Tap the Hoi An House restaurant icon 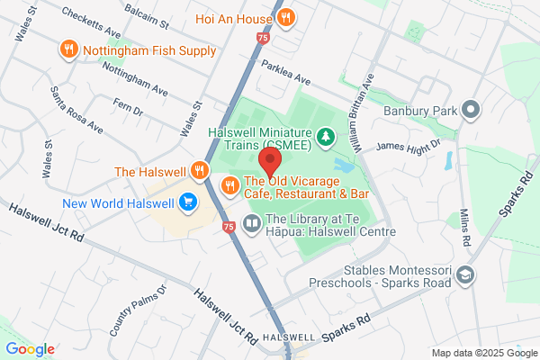285,16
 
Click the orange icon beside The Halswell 201,171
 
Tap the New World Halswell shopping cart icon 189,202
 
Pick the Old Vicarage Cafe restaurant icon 229,185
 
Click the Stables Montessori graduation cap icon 466,274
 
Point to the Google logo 30,349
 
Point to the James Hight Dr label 408,146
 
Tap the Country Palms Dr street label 139,311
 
